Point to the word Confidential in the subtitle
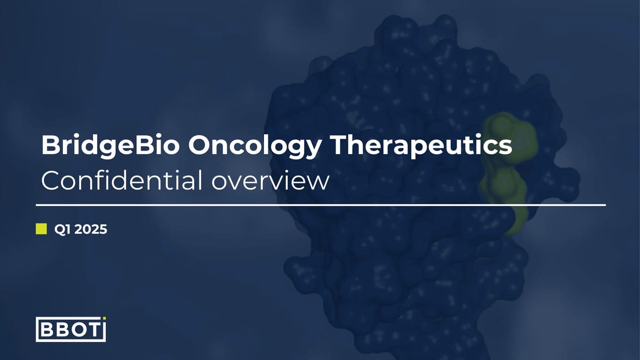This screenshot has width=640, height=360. point(121,181)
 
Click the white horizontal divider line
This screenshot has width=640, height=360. point(320,204)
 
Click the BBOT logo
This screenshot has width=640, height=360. point(70,329)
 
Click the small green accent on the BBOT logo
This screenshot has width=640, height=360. point(104,319)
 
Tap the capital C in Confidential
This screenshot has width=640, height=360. point(52,181)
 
